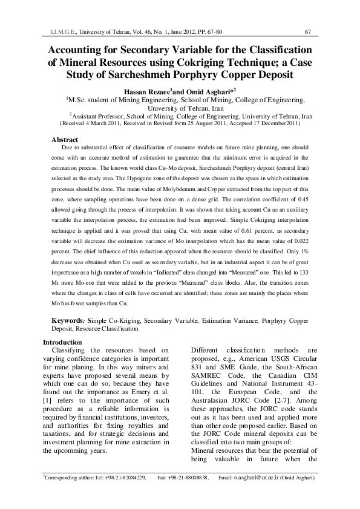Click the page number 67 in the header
coord(309,31)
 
